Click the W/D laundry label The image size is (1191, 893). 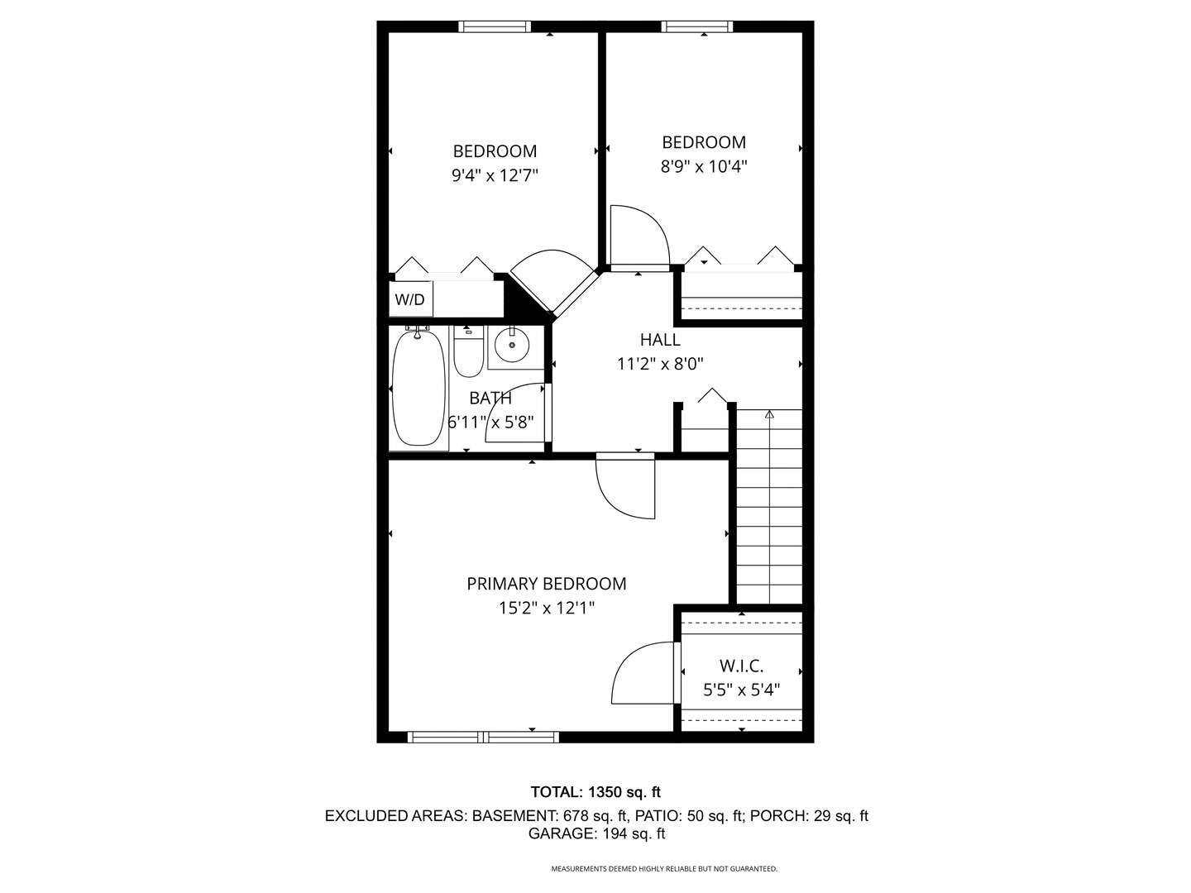point(409,299)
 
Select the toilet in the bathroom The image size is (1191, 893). point(468,351)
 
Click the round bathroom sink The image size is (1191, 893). point(512,345)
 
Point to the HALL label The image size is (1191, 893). point(660,340)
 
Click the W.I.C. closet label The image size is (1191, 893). point(741,666)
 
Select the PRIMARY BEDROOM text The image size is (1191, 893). point(547,584)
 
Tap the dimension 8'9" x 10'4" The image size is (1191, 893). point(704,166)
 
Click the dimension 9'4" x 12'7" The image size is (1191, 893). point(495,175)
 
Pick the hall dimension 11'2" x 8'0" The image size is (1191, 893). point(660,364)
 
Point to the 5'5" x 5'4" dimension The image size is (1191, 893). point(741,690)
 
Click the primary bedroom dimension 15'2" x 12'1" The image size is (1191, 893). point(547,609)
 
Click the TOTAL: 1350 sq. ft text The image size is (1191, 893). point(595,792)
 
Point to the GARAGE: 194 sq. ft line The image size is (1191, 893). point(596,833)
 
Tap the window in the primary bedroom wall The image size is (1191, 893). point(483,737)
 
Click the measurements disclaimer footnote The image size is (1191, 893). point(664,868)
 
